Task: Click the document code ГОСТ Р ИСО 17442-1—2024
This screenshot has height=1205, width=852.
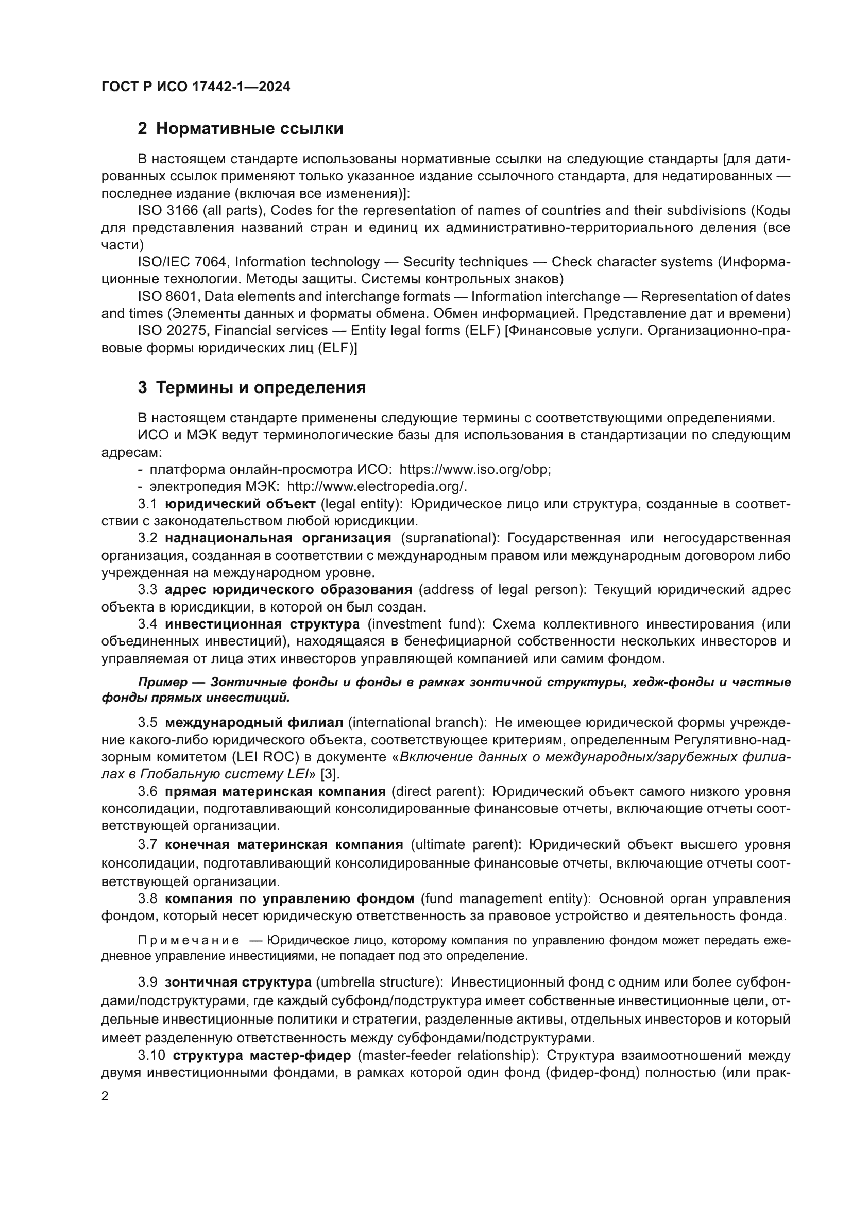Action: pos(195,87)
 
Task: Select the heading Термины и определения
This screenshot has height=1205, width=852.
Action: pos(261,387)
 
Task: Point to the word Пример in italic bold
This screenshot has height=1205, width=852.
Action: pos(163,682)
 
